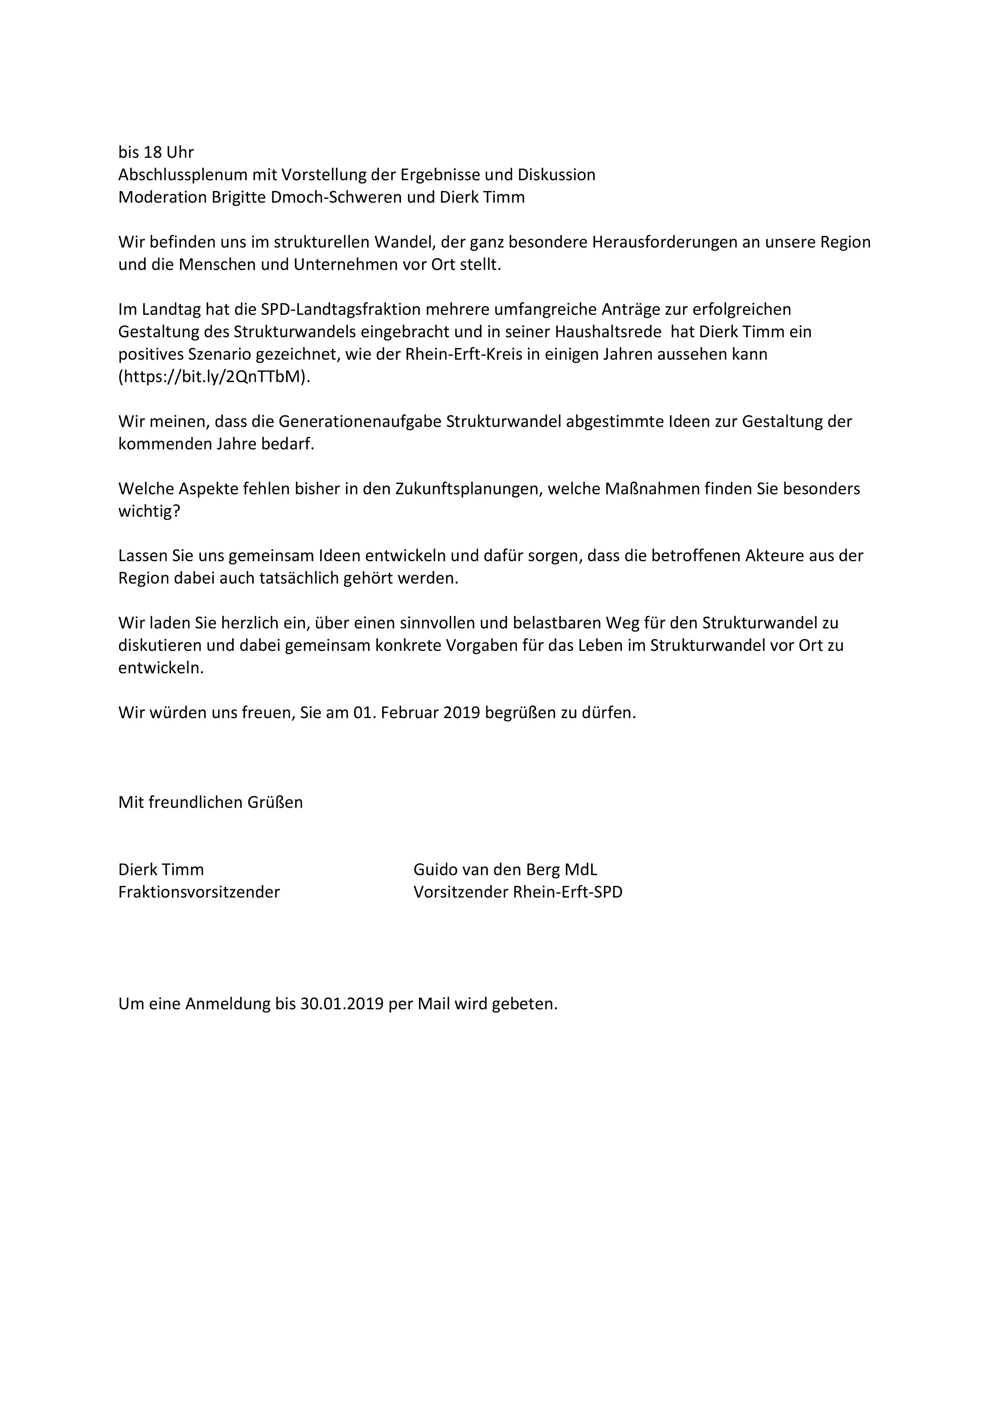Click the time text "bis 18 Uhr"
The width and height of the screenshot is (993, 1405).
point(156,152)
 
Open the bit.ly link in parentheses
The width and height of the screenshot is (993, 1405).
point(214,377)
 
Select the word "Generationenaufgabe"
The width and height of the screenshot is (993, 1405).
point(360,422)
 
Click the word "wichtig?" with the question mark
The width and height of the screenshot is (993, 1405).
point(149,511)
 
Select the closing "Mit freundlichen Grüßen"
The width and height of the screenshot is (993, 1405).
point(211,802)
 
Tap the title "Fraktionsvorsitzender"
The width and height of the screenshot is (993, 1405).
point(199,892)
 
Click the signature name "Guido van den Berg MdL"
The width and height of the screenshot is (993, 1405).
point(505,870)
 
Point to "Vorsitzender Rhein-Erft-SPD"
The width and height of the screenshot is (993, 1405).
point(518,892)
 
